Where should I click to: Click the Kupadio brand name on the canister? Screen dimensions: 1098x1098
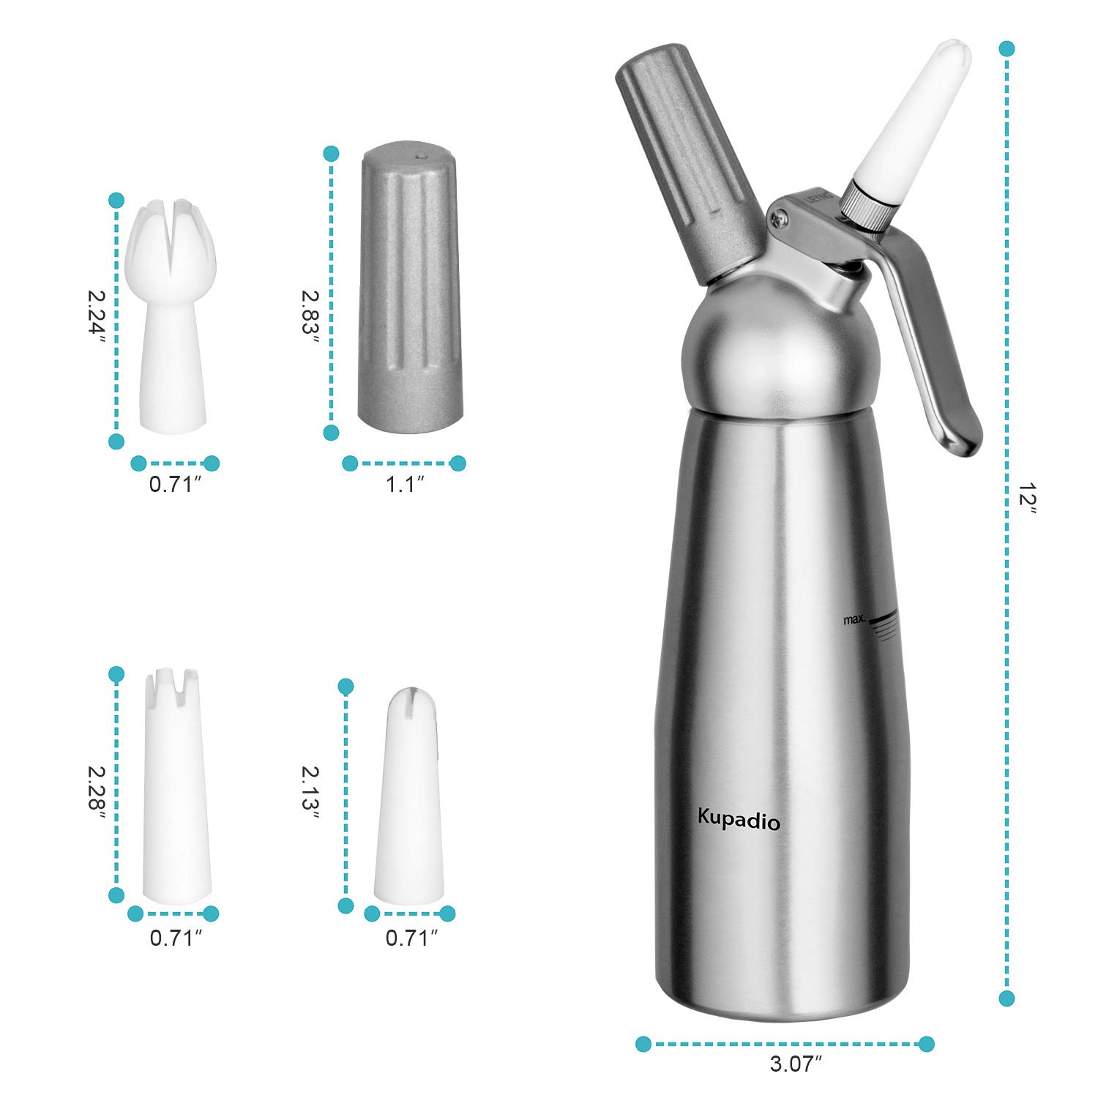[739, 821]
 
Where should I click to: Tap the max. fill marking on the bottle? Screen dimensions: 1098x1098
[854, 620]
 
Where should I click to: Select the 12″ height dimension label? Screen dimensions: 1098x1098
[1028, 498]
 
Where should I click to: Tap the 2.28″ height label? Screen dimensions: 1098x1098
[97, 792]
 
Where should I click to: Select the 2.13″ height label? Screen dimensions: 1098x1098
[310, 792]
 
